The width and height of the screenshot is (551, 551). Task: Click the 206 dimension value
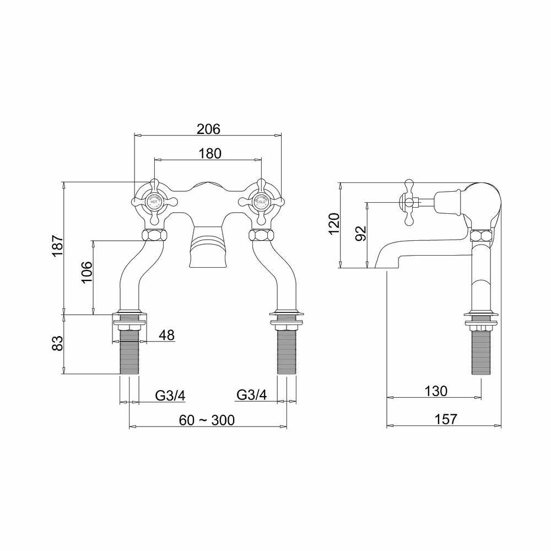[x=208, y=129]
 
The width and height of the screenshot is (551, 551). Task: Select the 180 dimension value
[x=209, y=154]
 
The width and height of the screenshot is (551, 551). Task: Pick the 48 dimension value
[x=168, y=335]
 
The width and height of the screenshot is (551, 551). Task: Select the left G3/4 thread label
[x=169, y=395]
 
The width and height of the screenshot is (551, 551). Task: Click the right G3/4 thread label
[x=252, y=395]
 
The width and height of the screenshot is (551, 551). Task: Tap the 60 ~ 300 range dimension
[x=207, y=420]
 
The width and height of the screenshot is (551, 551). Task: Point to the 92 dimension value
[x=360, y=233]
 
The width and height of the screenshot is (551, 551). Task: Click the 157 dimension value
[x=446, y=419]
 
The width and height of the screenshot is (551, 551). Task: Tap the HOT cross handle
[x=154, y=202]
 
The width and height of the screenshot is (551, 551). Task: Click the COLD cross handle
[x=261, y=202]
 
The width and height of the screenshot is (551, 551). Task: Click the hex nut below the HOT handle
[x=154, y=235]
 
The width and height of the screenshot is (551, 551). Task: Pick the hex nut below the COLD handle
[x=261, y=235]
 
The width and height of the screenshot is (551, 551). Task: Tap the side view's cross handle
[x=409, y=202]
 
